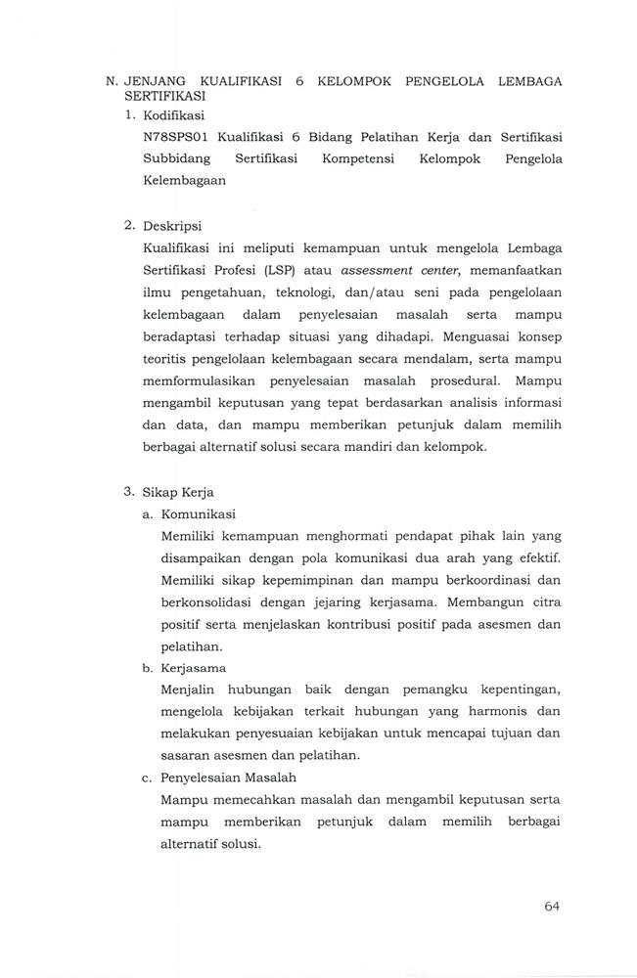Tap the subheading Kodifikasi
171,115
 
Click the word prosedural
456,380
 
